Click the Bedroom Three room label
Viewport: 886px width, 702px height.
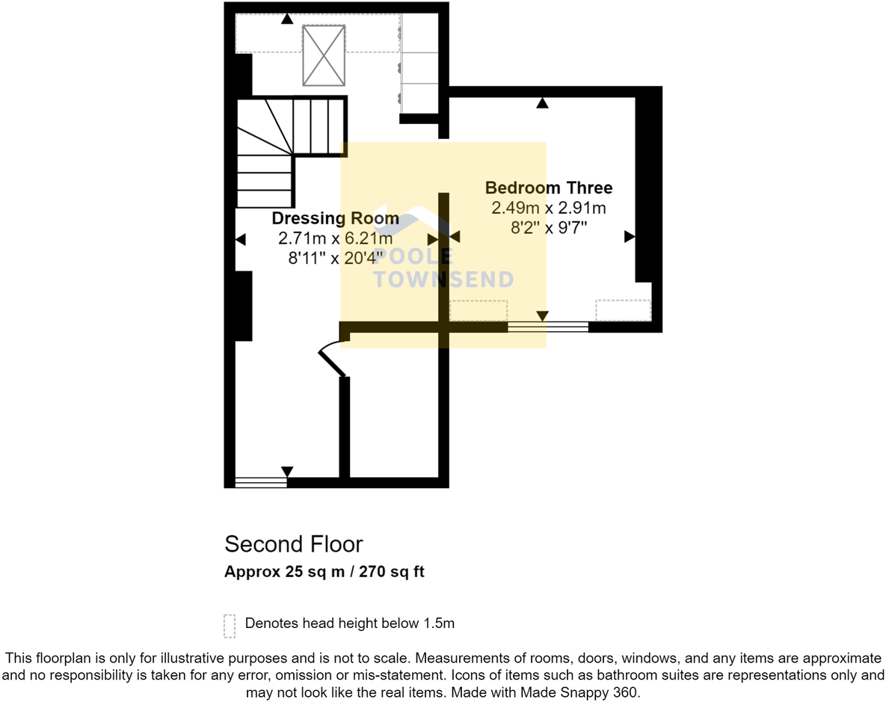pyautogui.click(x=549, y=188)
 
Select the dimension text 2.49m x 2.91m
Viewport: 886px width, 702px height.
pyautogui.click(x=548, y=208)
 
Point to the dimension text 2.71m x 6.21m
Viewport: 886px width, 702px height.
pyautogui.click(x=335, y=238)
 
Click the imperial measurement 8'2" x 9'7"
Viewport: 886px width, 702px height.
pyautogui.click(x=548, y=228)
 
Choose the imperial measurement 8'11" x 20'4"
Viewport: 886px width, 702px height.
pyautogui.click(x=335, y=258)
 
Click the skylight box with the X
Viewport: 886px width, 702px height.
pyautogui.click(x=324, y=55)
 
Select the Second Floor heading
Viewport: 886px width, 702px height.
pyautogui.click(x=294, y=544)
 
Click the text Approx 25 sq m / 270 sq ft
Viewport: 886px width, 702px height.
pyautogui.click(x=324, y=572)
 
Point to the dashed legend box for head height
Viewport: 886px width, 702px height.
pyautogui.click(x=230, y=626)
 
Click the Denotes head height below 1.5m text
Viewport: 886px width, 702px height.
pyautogui.click(x=350, y=623)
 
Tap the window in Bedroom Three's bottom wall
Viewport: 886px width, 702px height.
pyautogui.click(x=548, y=327)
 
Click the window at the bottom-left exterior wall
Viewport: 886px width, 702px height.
pyautogui.click(x=261, y=482)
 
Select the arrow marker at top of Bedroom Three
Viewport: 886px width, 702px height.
pyautogui.click(x=543, y=103)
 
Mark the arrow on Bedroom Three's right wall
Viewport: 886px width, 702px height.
pyautogui.click(x=630, y=237)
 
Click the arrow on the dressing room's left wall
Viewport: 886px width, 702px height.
pyautogui.click(x=241, y=240)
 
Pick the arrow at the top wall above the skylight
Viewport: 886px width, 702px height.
pyautogui.click(x=286, y=19)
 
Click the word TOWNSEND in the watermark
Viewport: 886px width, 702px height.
pyautogui.click(x=443, y=280)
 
